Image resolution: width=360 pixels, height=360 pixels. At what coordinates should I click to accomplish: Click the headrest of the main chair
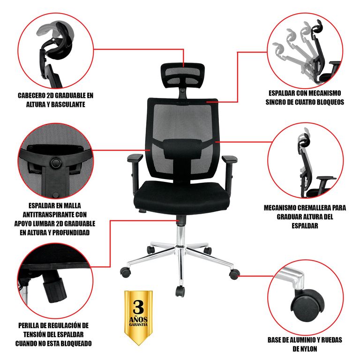point(182,75)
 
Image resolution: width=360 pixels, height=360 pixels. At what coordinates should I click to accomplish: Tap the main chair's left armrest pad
point(135,157)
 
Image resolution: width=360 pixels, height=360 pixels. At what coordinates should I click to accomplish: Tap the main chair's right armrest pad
point(229,158)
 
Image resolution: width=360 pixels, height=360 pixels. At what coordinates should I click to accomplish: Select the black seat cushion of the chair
point(181,197)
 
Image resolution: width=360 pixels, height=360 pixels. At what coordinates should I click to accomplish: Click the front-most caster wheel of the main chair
point(180,291)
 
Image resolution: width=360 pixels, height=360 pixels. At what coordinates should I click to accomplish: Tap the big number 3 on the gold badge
point(138,307)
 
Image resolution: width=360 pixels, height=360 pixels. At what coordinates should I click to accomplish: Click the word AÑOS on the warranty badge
point(138,319)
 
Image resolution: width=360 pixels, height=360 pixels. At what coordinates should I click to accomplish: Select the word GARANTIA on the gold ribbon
point(138,325)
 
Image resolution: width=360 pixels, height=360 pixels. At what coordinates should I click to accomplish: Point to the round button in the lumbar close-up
point(56,163)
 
